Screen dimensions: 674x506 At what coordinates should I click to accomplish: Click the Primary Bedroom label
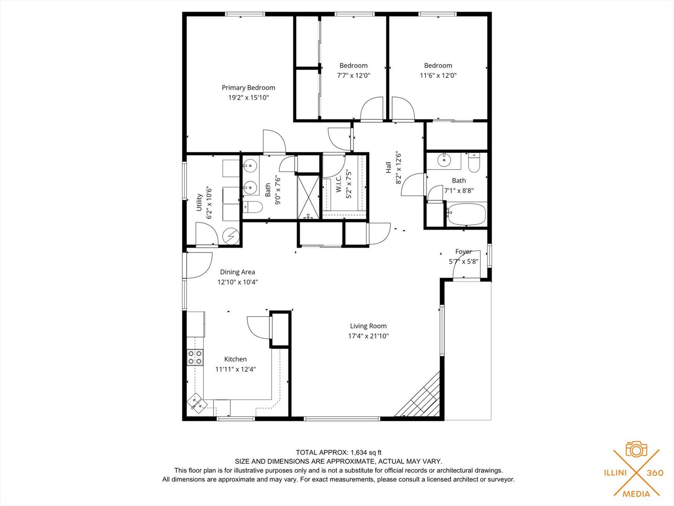(x=249, y=88)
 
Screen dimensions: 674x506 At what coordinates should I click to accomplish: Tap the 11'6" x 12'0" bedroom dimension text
(x=438, y=75)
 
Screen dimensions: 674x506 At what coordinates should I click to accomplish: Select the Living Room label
(x=368, y=326)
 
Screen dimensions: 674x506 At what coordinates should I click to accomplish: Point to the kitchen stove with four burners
(x=195, y=357)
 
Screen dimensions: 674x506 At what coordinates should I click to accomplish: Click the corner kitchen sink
(x=196, y=402)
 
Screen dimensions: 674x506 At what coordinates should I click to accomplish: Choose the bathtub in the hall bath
(x=466, y=214)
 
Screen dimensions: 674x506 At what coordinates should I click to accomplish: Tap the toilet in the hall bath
(x=474, y=163)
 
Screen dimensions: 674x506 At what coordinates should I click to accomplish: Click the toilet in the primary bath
(x=253, y=207)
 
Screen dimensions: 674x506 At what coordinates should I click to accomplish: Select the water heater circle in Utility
(x=231, y=236)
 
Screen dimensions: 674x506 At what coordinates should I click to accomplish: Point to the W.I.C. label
(x=339, y=184)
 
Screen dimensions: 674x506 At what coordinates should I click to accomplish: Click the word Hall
(x=388, y=167)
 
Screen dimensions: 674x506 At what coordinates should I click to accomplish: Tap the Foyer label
(x=463, y=252)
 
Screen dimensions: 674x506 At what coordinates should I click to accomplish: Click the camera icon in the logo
(x=636, y=449)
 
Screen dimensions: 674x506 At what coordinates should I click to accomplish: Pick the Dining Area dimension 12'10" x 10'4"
(x=238, y=282)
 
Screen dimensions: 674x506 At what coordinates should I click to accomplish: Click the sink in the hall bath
(x=444, y=160)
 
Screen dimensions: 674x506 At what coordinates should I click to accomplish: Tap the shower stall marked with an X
(x=309, y=197)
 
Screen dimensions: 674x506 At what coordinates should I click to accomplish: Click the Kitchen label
(x=235, y=359)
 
